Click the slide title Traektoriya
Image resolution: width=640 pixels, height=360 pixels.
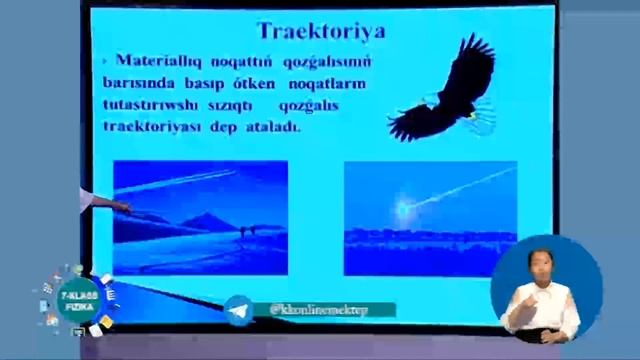pos(321,31)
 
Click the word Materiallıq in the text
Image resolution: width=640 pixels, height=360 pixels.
pos(156,59)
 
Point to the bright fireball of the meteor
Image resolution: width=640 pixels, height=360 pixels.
pos(403,209)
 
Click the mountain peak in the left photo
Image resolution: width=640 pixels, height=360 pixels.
pos(206,218)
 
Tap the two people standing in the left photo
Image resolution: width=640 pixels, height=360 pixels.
pos(244,232)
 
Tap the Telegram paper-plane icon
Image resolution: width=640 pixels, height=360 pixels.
pos(238,310)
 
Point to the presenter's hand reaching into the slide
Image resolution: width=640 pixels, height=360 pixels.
pos(120,207)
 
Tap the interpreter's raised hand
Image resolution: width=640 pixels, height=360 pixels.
pos(522,309)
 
